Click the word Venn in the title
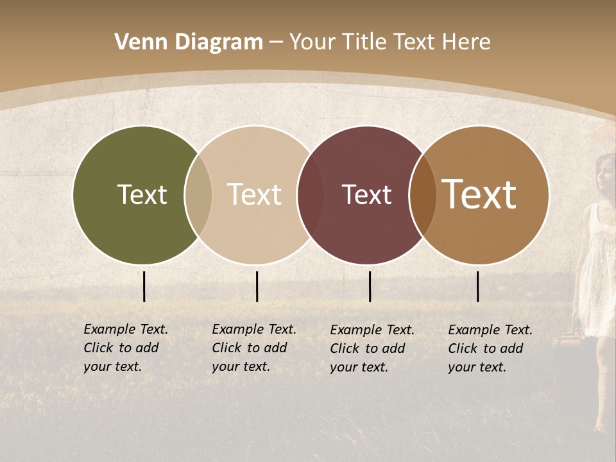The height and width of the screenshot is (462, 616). (136, 42)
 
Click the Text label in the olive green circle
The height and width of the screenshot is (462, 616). (142, 194)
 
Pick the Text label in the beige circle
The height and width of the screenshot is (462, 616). (254, 194)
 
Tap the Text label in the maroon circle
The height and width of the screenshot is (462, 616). (366, 194)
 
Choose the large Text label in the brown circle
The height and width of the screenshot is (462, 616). (479, 194)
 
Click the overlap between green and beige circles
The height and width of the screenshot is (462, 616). (198, 195)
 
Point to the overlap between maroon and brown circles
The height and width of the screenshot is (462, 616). (423, 195)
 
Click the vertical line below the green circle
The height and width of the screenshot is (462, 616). (144, 286)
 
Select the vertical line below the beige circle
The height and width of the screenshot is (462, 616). (257, 286)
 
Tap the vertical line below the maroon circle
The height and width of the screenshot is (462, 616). (370, 286)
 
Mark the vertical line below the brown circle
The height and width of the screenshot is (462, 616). (477, 286)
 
